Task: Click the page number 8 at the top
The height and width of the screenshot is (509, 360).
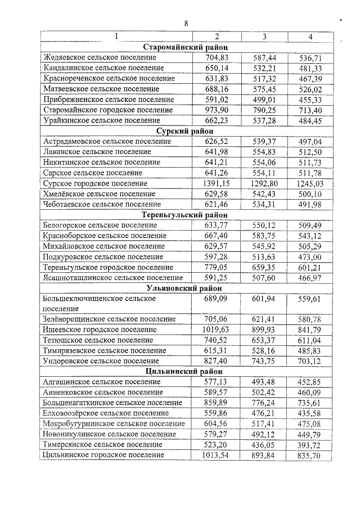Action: click(185, 23)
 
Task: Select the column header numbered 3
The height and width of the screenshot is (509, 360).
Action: click(264, 37)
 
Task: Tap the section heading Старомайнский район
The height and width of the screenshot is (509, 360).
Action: click(186, 47)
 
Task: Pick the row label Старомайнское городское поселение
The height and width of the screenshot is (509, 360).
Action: click(108, 110)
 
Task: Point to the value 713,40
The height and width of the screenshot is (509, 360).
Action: click(310, 110)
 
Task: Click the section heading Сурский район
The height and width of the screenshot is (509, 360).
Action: click(186, 131)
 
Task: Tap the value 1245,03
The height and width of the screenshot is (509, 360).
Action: click(310, 183)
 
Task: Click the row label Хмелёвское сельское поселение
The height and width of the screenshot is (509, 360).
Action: click(101, 194)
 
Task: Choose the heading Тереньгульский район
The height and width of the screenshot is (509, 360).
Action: click(186, 215)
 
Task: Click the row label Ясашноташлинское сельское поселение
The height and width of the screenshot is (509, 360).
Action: click(112, 277)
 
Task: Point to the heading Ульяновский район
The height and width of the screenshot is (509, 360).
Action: click(186, 288)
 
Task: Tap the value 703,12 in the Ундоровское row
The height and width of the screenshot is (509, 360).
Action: click(310, 361)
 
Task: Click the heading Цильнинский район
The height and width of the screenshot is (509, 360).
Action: click(186, 371)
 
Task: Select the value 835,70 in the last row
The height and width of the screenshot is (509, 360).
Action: click(310, 455)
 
